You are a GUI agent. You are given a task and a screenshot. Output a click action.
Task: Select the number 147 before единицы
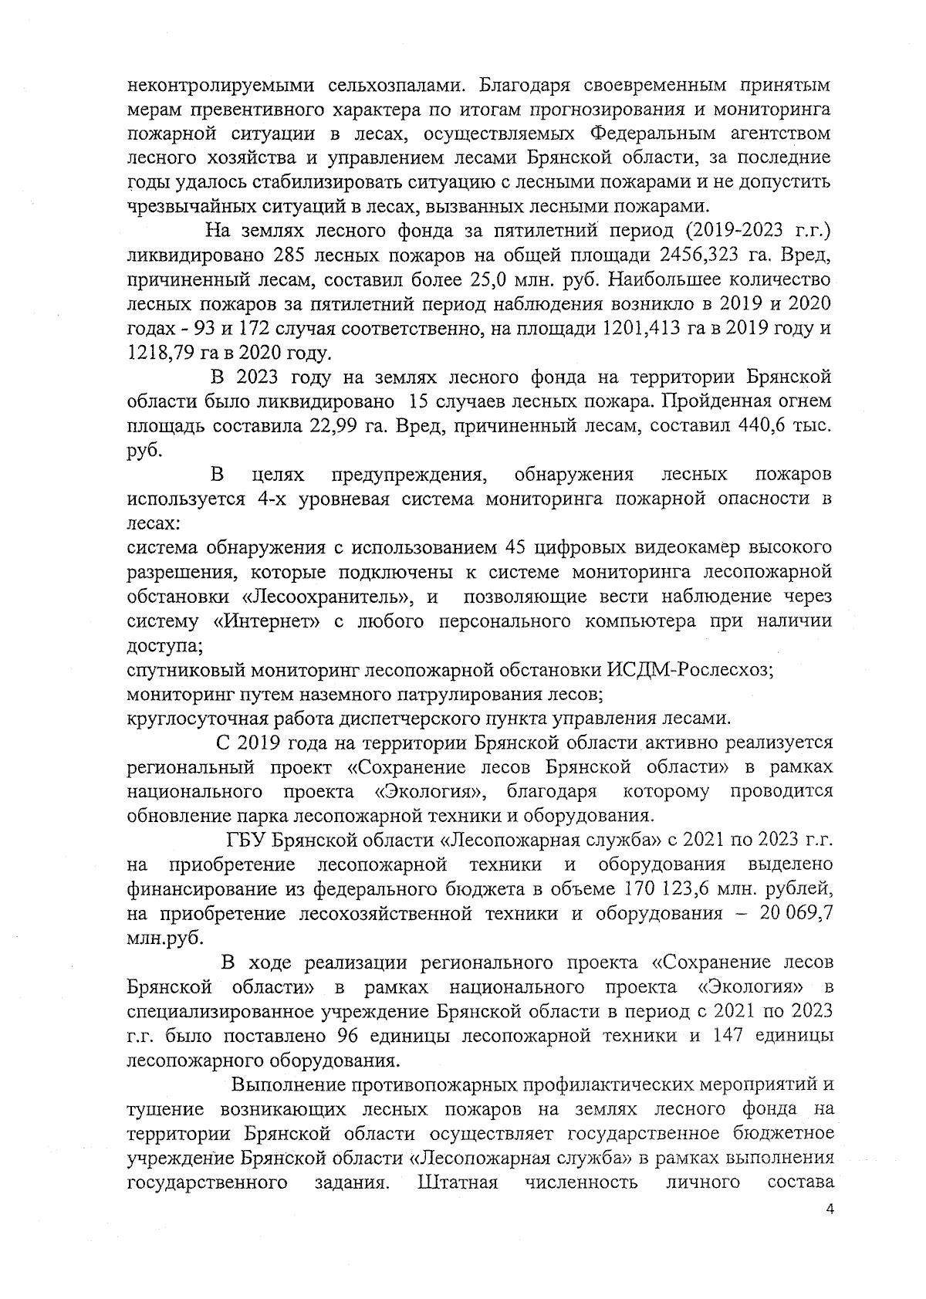coord(722,1034)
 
